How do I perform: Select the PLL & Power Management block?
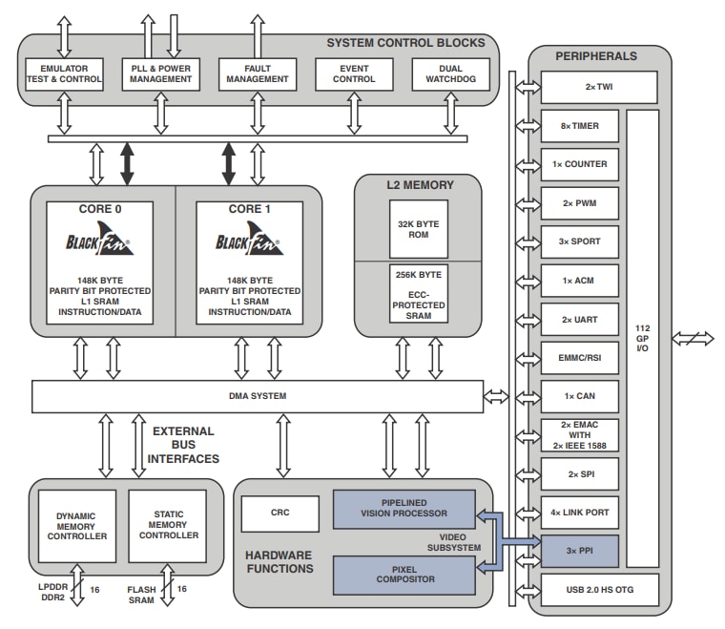pos(160,74)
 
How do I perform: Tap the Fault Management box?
pos(257,74)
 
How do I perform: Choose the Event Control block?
pos(354,74)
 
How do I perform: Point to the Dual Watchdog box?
pos(450,74)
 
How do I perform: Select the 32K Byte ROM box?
pos(418,229)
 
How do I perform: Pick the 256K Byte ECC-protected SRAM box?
pos(418,295)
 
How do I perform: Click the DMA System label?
pos(258,396)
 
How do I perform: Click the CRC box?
pos(280,514)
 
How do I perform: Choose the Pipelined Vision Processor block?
pos(404,509)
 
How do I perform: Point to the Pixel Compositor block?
pos(404,574)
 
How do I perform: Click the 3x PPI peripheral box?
pos(579,551)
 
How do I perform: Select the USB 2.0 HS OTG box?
pos(599,590)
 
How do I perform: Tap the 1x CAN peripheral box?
pos(579,396)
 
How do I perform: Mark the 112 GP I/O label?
pos(642,338)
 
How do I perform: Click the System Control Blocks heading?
pos(405,43)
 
